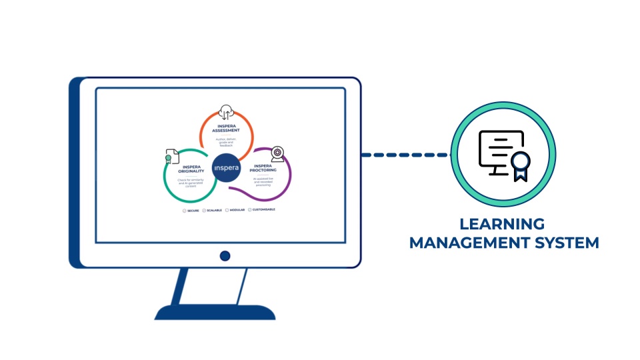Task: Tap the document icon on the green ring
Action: coord(172,157)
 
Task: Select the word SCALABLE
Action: coord(214,210)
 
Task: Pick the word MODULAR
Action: coord(237,210)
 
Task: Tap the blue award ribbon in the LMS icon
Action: coord(521,165)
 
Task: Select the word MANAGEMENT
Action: coord(466,242)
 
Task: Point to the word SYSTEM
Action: coord(563,242)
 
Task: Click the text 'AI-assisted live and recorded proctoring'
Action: coord(264,182)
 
